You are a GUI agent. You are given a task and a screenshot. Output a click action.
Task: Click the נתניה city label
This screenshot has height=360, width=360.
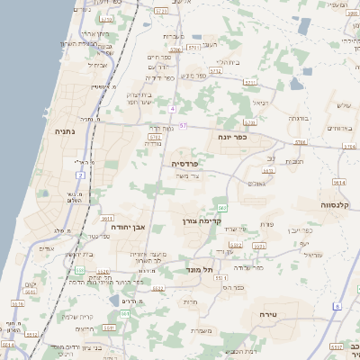coord(65,131)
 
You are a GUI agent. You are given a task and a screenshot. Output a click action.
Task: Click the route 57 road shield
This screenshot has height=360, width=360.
coord(183,125)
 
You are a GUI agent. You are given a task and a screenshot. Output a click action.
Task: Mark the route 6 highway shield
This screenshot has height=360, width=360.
coord(337,306)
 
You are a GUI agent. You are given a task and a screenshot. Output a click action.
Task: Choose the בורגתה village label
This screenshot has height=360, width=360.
coord(299,118)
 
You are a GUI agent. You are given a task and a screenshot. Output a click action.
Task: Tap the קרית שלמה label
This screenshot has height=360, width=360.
coord(73,316)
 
